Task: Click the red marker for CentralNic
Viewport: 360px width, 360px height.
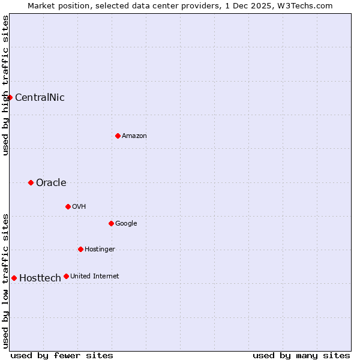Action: click(x=10, y=97)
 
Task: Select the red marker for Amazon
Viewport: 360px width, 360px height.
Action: click(x=118, y=136)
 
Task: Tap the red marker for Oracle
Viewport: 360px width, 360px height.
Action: click(x=31, y=182)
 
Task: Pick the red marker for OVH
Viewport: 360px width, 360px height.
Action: click(x=68, y=206)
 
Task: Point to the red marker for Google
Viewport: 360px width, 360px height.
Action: click(x=111, y=223)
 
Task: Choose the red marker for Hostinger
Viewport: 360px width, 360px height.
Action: click(x=80, y=249)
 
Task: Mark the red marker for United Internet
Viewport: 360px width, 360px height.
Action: click(x=66, y=276)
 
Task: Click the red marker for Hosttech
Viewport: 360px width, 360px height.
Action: click(x=14, y=278)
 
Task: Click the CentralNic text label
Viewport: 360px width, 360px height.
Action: click(x=40, y=97)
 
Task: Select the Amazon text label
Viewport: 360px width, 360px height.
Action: click(x=134, y=136)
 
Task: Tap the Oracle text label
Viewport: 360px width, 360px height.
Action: click(x=51, y=182)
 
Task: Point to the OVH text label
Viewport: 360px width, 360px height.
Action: click(x=79, y=206)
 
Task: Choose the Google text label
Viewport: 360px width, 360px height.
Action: click(x=126, y=223)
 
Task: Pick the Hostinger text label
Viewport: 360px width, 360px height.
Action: click(x=100, y=249)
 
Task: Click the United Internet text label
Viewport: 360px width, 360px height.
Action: click(x=95, y=276)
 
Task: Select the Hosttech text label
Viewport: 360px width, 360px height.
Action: click(x=40, y=278)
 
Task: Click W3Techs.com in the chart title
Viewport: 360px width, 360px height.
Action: click(x=307, y=5)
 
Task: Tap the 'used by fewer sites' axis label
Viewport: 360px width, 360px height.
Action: click(x=62, y=355)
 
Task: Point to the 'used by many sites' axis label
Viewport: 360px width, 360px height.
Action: click(x=301, y=355)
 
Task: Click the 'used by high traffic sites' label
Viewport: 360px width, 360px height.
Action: click(x=5, y=85)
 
